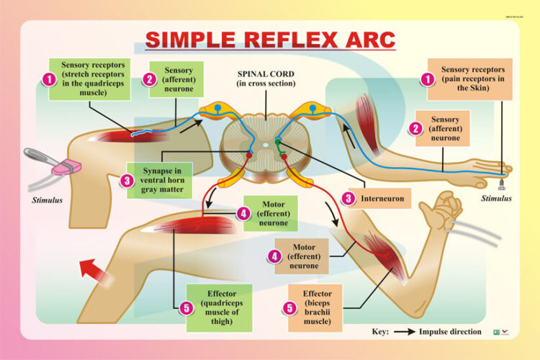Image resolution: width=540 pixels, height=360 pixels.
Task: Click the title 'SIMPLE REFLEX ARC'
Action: point(270,39)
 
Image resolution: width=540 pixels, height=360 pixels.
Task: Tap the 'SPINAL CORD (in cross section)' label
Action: point(266,78)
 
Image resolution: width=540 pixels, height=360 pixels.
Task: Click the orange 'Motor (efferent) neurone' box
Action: point(303,256)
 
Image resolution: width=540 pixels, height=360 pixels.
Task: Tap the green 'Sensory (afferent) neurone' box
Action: point(178,79)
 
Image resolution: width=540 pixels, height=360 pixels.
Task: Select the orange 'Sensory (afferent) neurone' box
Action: point(444,128)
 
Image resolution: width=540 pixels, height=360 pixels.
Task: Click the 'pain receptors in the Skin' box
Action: point(469,79)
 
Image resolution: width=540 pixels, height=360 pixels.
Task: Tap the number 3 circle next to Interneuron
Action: point(348,197)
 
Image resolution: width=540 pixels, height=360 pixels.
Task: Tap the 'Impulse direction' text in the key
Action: point(455,332)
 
